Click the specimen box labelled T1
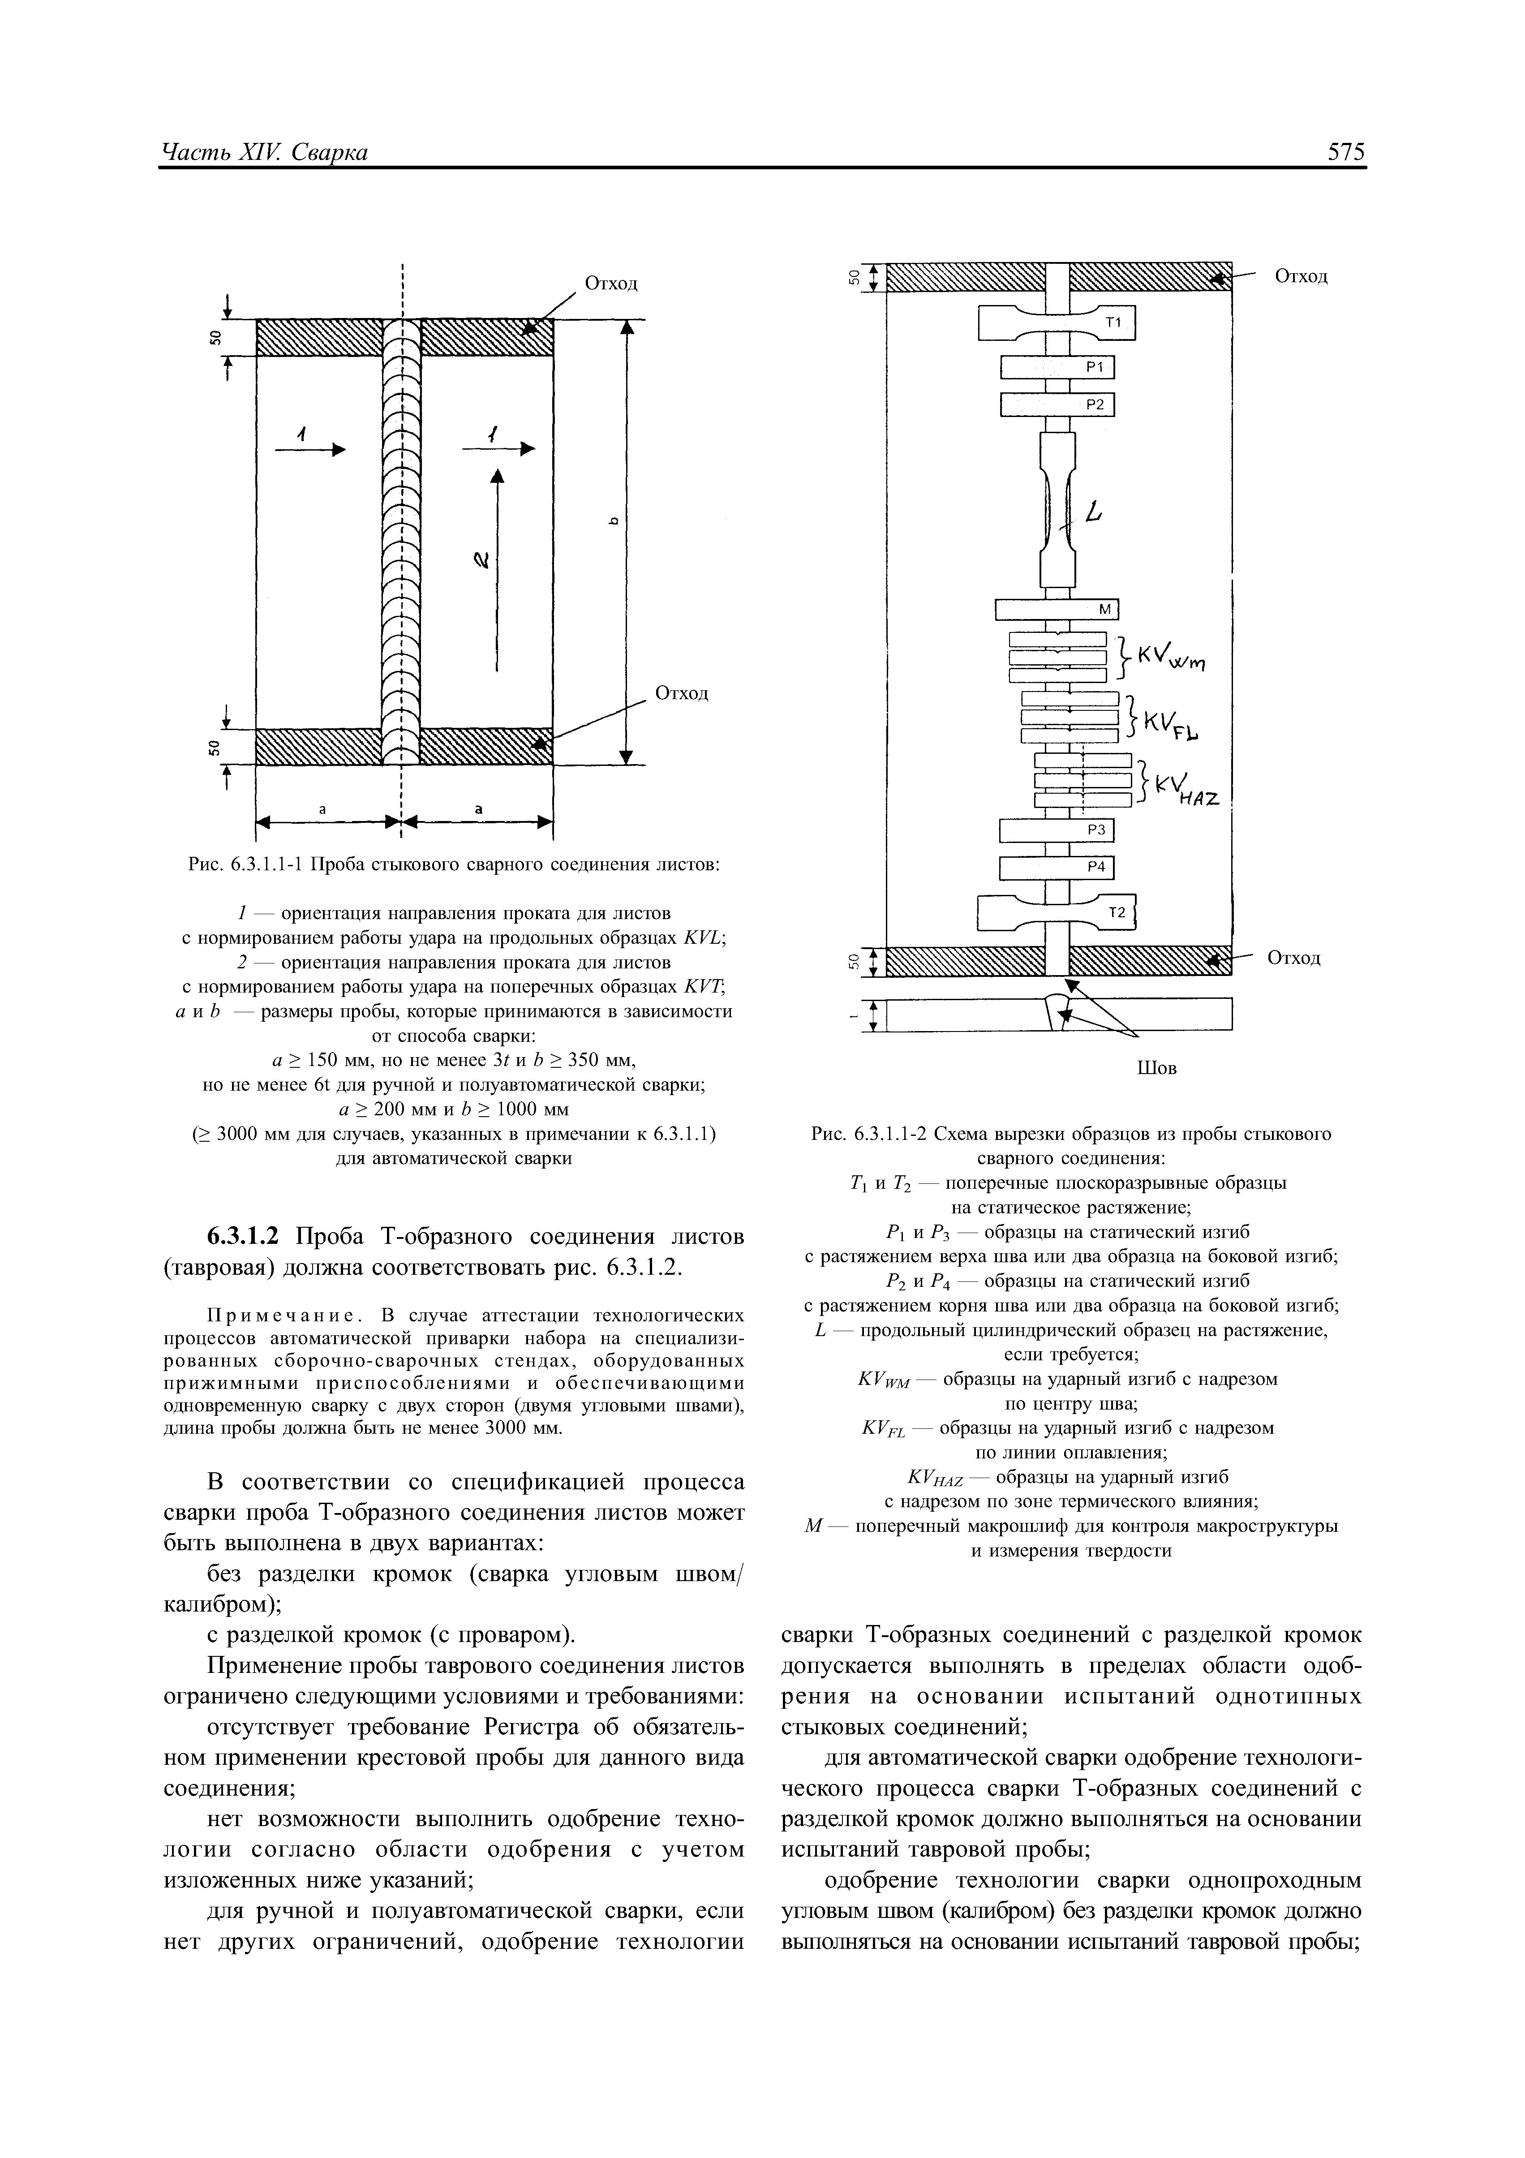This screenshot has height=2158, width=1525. tap(1057, 322)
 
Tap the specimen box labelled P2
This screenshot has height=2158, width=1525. tap(1057, 404)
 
